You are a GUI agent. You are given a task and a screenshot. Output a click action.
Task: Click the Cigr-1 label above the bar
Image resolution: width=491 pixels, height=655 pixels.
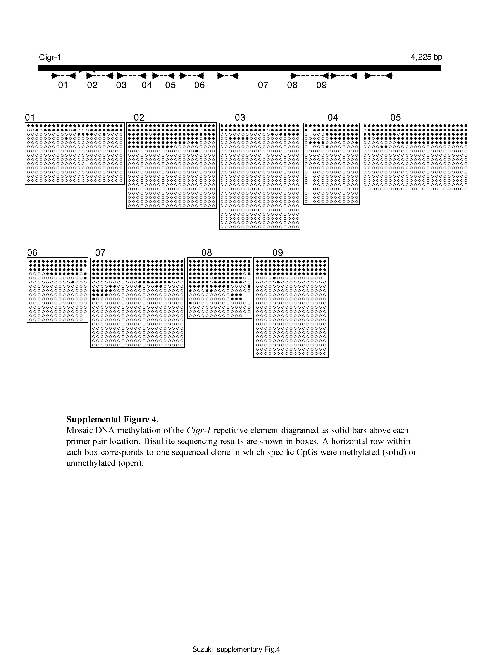coord(50,57)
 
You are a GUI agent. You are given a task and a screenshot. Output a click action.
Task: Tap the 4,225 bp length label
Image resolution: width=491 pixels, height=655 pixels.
coord(426,57)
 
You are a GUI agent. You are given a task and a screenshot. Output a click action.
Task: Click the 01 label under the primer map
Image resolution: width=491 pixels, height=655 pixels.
coord(63,85)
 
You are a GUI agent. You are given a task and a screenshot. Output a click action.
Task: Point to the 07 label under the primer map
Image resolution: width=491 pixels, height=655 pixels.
coord(263,85)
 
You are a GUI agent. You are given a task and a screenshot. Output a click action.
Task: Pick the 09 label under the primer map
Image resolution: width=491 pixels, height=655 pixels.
coord(321,85)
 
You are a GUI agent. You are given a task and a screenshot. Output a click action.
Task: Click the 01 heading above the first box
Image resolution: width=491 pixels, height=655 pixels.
coord(30,118)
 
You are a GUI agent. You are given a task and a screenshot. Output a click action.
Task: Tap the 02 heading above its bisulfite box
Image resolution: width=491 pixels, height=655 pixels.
coord(139,118)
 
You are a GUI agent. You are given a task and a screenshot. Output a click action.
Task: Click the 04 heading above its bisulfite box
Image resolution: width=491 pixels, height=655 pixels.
coord(333,118)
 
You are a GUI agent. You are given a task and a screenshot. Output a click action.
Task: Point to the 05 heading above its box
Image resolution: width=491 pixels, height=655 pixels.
coord(395,118)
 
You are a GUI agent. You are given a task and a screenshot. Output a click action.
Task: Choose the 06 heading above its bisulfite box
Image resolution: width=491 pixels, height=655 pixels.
coord(32,252)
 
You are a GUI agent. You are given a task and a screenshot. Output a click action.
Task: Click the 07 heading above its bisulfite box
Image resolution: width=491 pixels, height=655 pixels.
coord(100,252)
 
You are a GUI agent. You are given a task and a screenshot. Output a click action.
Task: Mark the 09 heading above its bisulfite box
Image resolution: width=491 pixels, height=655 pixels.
coord(278,252)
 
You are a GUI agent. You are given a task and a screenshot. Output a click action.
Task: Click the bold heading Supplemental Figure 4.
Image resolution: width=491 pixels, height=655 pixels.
coord(112,419)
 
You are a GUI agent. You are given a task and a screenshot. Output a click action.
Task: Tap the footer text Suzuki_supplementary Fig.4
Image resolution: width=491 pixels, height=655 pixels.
coord(236,649)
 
